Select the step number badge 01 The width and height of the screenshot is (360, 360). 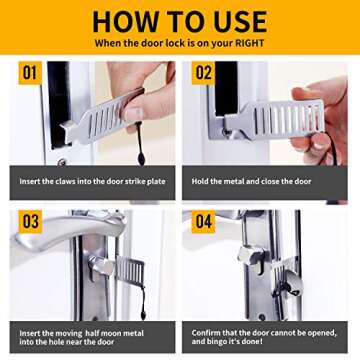pyautogui.click(x=30, y=73)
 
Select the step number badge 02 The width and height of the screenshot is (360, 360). pyautogui.click(x=203, y=73)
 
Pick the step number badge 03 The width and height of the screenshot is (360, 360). pyautogui.click(x=30, y=221)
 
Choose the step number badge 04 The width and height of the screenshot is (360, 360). pyautogui.click(x=203, y=221)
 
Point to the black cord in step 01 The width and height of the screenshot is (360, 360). pyautogui.click(x=141, y=150)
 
